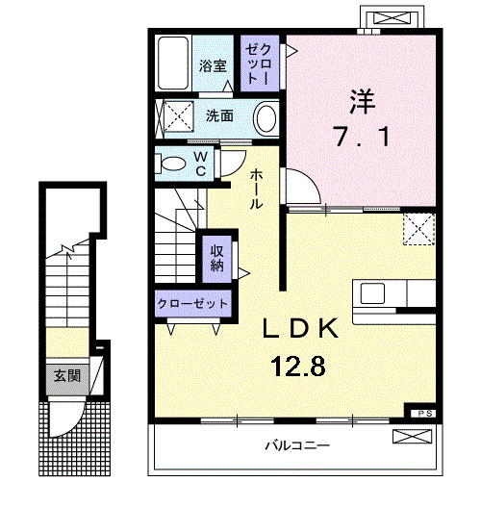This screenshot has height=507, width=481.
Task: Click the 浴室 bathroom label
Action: point(213,66)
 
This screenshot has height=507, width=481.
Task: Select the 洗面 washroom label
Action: point(219,116)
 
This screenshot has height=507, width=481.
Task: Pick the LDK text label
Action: point(301,330)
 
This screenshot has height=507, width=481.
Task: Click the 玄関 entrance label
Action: point(65,375)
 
